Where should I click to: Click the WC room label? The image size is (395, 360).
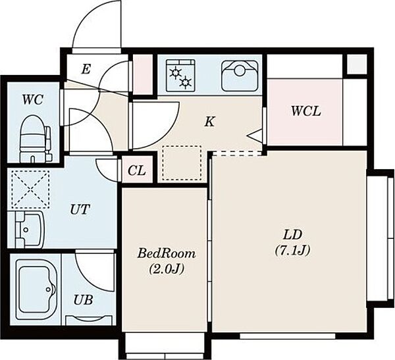32,100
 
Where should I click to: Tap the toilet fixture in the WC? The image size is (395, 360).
35,139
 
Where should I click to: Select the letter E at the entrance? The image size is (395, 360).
86,69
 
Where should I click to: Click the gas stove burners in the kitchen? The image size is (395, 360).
180,75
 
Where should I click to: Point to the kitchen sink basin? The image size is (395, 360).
240,76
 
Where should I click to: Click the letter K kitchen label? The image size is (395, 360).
209,122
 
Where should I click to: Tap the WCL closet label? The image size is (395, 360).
306,111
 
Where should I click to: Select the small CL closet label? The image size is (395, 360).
137,171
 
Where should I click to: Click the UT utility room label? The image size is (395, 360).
80,209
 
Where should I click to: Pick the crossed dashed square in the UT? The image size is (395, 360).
30,190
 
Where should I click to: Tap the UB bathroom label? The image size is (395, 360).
83,300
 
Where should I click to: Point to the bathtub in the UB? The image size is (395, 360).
36,290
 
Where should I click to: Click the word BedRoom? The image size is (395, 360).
167,253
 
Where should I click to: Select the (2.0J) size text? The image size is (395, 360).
167,269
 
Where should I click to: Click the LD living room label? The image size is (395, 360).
292,235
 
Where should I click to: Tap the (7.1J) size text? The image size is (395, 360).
292,250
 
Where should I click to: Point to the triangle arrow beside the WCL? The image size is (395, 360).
256,136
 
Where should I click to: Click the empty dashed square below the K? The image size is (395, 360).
182,163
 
